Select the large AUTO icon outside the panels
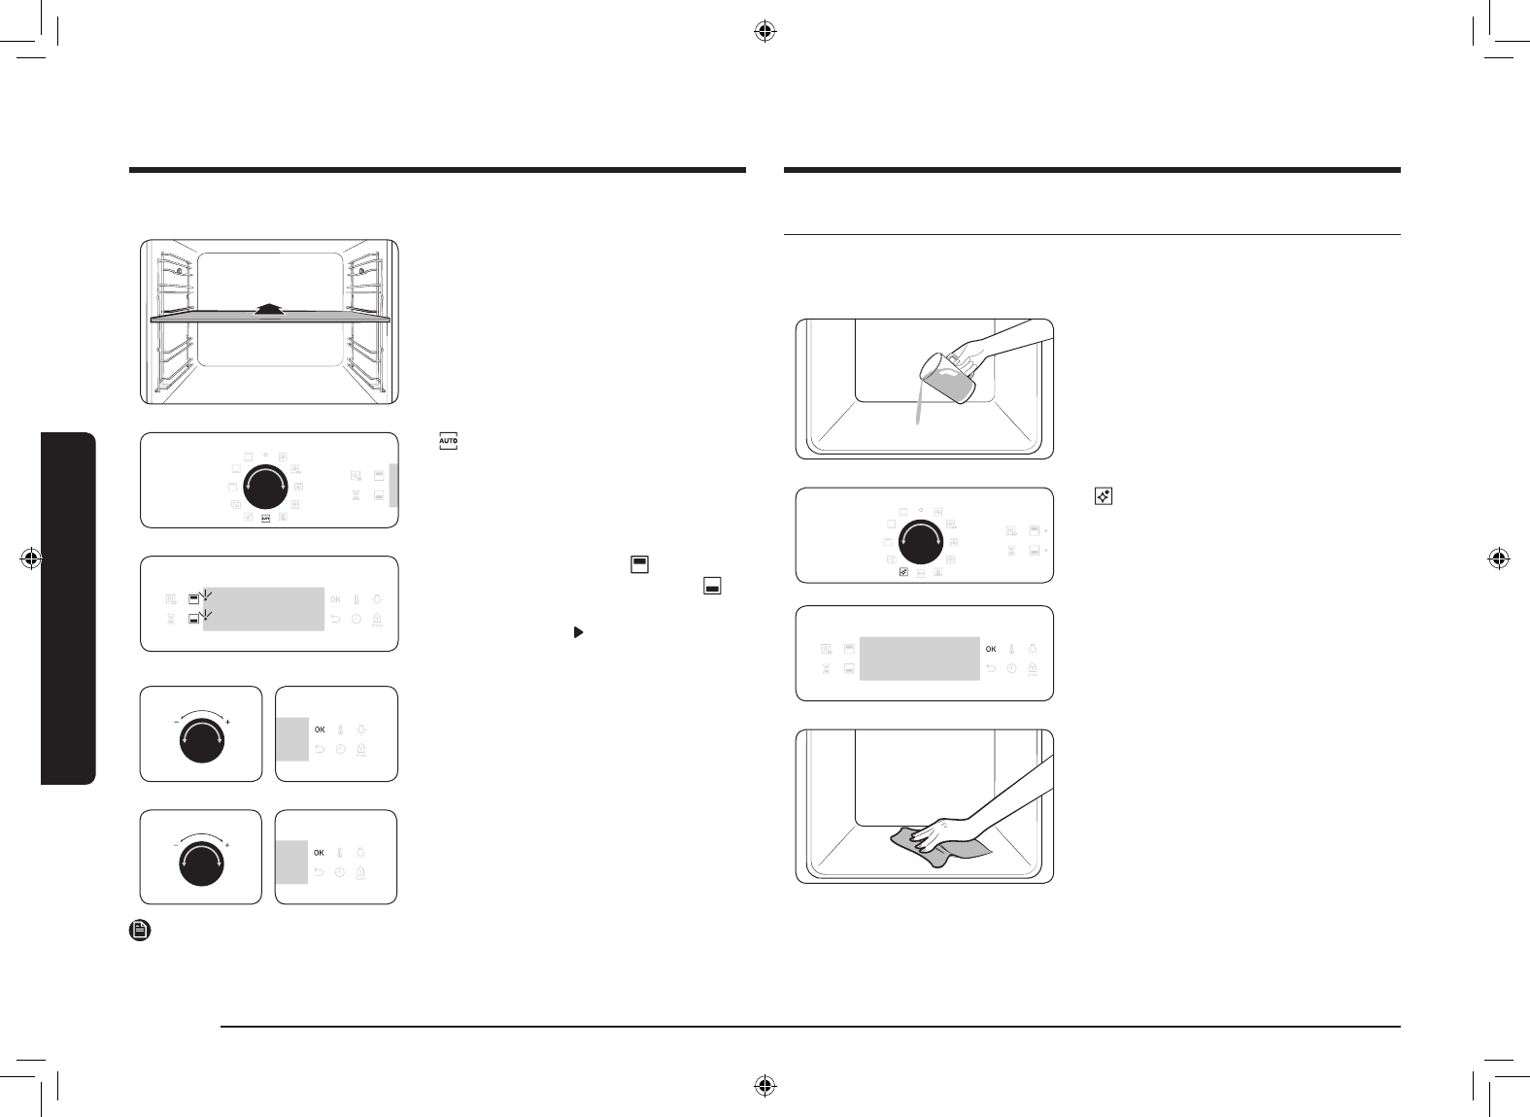(x=448, y=441)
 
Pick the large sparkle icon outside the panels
(x=1103, y=496)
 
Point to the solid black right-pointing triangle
(x=578, y=631)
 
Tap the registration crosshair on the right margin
(x=1498, y=558)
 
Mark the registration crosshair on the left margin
(x=31, y=558)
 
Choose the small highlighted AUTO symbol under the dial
(x=265, y=519)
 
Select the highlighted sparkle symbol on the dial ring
(x=903, y=572)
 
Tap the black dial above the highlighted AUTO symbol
(x=265, y=487)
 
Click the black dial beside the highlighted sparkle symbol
(x=921, y=541)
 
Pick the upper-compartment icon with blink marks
(x=194, y=599)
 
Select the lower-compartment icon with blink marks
(x=194, y=619)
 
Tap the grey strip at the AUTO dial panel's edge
(x=393, y=485)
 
